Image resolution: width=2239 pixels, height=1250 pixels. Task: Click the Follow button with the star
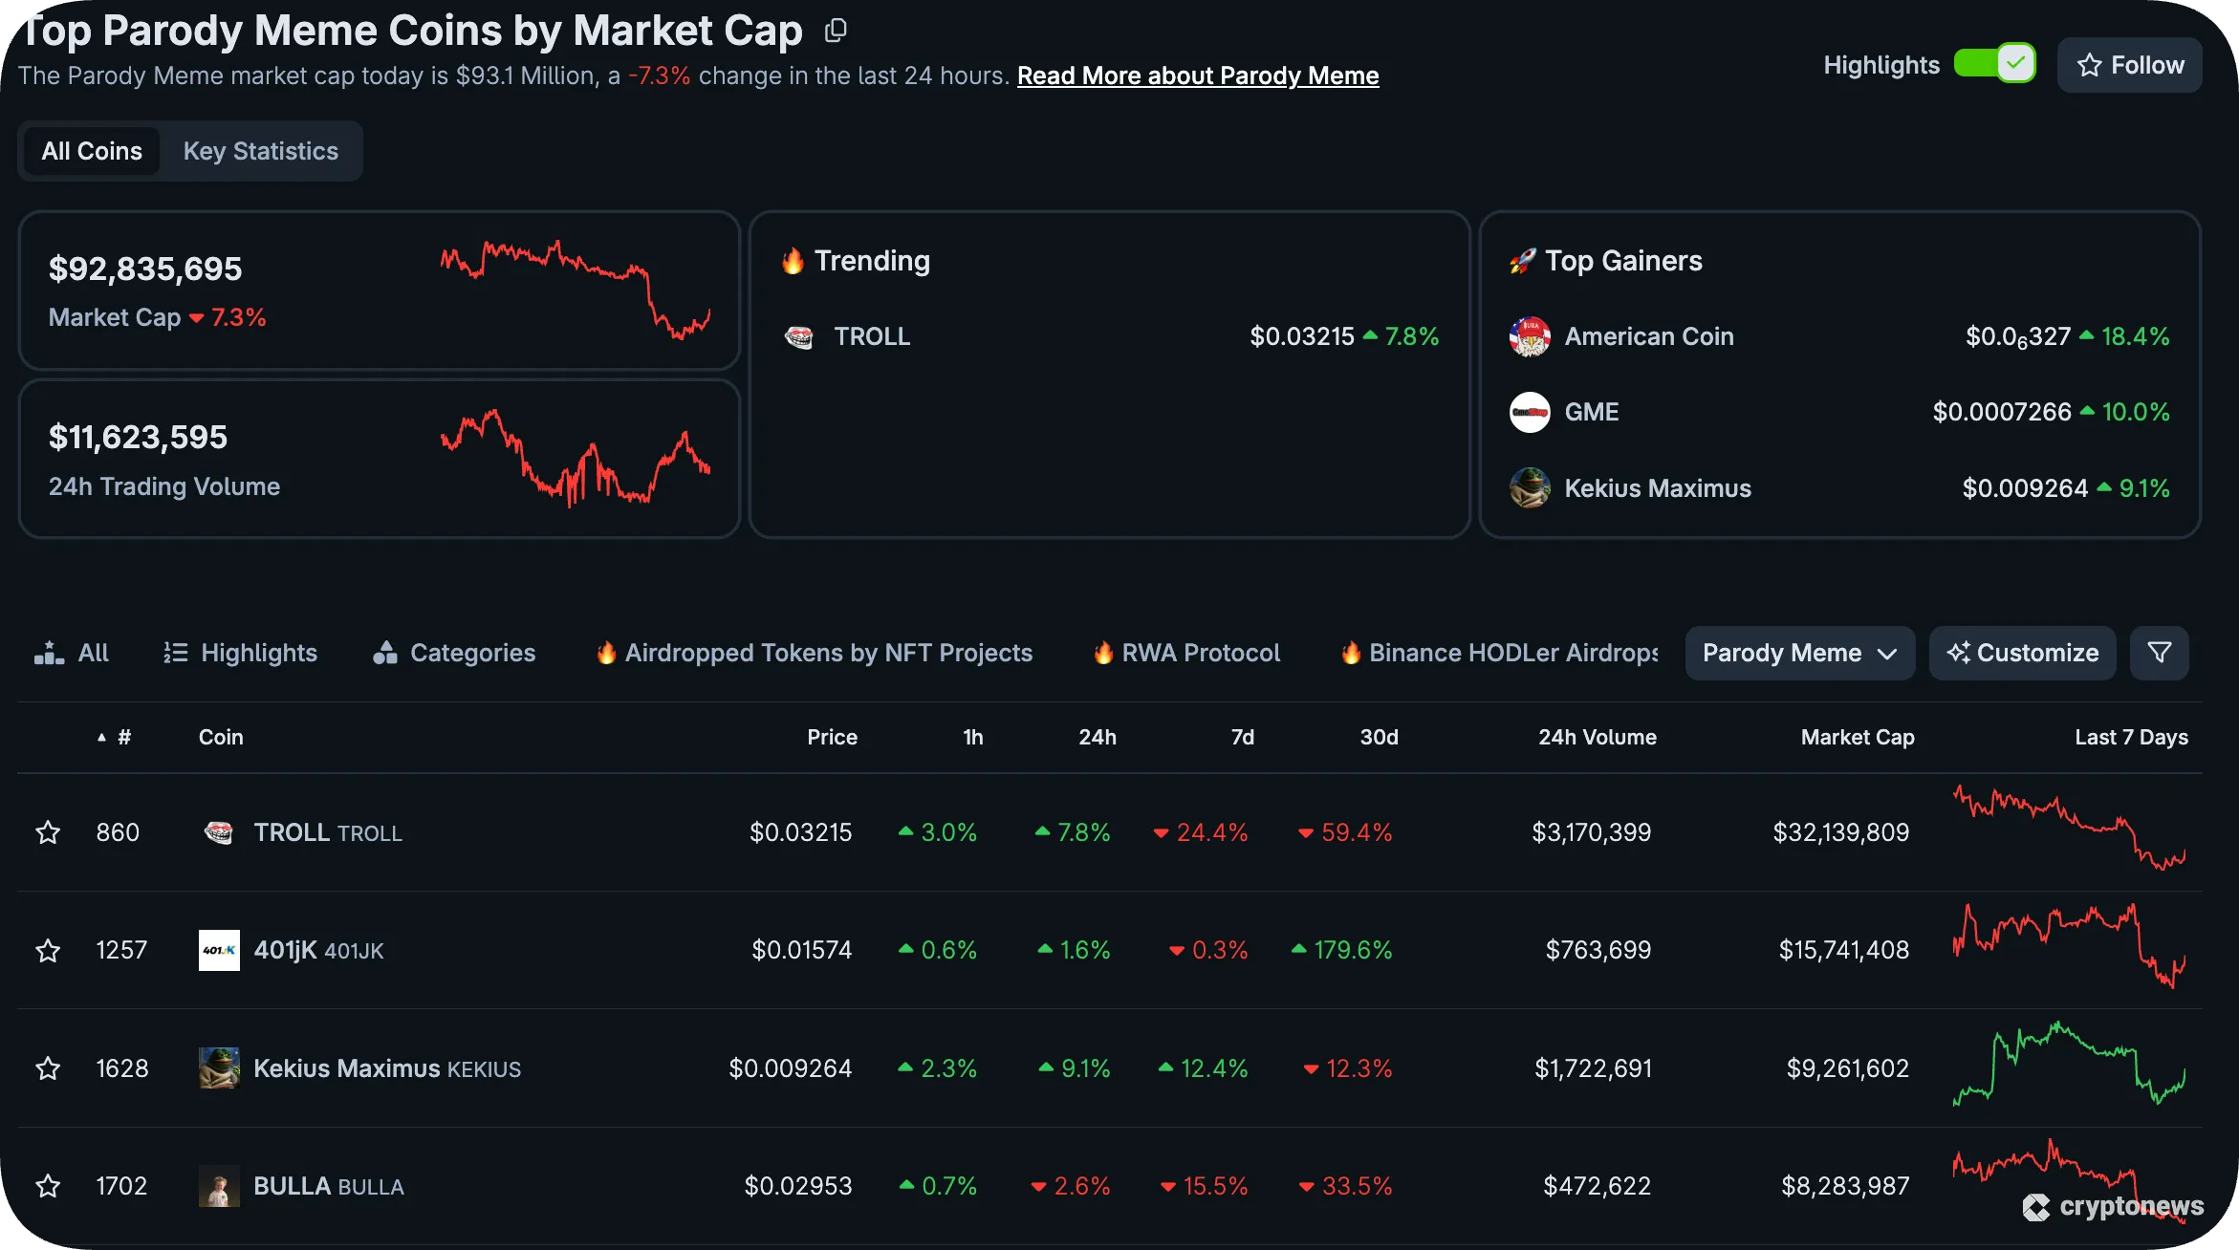(x=2129, y=65)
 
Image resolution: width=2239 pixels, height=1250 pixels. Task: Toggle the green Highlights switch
(x=1994, y=64)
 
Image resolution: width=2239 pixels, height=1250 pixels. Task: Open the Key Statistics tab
(x=260, y=151)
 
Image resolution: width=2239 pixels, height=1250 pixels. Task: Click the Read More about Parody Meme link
(x=1197, y=75)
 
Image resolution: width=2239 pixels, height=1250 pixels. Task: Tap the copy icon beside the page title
(x=836, y=31)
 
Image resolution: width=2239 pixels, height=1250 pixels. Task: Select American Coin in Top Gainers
(x=1648, y=336)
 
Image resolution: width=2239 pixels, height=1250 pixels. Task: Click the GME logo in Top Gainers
(x=1530, y=412)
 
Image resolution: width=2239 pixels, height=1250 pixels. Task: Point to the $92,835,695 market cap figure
(x=145, y=269)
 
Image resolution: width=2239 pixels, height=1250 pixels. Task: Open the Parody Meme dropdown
(x=1799, y=653)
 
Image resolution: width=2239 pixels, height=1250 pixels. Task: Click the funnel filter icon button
(x=2159, y=653)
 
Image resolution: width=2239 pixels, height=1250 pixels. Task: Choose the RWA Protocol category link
(x=1200, y=653)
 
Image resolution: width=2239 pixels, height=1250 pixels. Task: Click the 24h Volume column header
(x=1597, y=737)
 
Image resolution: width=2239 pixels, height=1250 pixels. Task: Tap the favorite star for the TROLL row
(x=48, y=832)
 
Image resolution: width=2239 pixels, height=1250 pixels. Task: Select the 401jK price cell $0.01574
(x=801, y=950)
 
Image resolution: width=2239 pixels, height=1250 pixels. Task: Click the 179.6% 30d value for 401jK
(x=1352, y=950)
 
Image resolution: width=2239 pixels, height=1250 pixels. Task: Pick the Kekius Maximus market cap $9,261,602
(x=1847, y=1068)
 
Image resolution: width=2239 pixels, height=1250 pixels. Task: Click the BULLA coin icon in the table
(x=219, y=1186)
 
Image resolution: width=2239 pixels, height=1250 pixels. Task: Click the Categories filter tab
(x=454, y=653)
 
